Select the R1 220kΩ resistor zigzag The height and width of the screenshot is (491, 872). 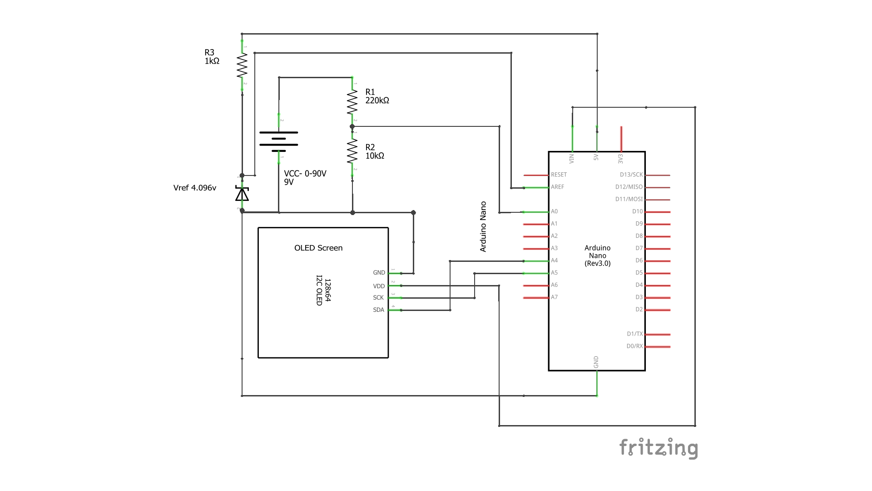(352, 102)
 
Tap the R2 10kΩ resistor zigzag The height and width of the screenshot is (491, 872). (352, 151)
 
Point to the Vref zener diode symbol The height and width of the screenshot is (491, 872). (242, 194)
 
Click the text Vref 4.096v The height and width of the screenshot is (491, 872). (194, 188)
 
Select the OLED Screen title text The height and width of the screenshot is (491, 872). (318, 248)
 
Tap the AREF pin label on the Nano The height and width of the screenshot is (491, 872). (557, 187)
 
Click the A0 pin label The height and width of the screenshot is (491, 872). (554, 211)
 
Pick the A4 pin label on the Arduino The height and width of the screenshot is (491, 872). (554, 261)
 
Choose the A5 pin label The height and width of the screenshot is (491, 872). (554, 273)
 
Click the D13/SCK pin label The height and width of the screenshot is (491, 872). (631, 175)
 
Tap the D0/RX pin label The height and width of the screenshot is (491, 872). (634, 346)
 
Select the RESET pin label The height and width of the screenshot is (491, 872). (559, 175)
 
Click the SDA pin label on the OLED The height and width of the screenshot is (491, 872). (378, 310)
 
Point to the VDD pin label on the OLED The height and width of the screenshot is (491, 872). (379, 286)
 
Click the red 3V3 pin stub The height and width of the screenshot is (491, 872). (621, 139)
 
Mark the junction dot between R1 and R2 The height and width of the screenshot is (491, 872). (352, 126)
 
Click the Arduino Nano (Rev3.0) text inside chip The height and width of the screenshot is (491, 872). (597, 256)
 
